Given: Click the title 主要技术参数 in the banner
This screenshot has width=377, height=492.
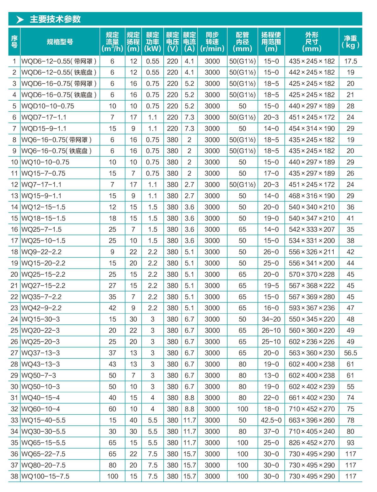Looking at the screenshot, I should point(55,19).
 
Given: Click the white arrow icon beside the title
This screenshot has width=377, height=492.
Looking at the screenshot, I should point(20,19).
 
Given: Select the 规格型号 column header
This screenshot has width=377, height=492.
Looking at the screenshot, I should point(60,42).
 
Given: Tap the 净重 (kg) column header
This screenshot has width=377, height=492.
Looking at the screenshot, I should point(350,42).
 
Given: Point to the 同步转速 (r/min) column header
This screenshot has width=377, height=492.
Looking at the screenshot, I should point(212,42).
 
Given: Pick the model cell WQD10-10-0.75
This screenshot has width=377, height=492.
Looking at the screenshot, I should point(48,106).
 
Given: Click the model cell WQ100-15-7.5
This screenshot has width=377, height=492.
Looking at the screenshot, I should point(45,476).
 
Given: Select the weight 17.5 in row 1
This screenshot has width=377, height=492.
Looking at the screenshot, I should point(350,61).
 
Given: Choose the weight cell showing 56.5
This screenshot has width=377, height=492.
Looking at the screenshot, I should point(350,353).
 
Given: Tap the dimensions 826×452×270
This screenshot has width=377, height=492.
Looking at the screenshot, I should point(312,443).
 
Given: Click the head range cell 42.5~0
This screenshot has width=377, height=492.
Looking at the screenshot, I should point(271,420).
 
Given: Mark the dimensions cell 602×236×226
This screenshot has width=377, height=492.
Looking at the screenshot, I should point(312,342).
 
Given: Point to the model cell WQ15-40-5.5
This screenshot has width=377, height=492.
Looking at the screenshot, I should point(43,420).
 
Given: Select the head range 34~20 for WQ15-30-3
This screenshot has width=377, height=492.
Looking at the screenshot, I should point(271,319).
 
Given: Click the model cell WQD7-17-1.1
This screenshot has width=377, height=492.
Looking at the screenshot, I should point(44,117).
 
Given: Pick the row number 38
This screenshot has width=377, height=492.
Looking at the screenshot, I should point(14,476).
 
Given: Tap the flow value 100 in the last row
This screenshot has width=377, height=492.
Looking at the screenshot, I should point(112,476).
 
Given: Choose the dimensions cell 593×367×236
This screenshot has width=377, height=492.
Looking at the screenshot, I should point(312,308).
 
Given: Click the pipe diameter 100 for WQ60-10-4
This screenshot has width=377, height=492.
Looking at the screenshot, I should point(242,409).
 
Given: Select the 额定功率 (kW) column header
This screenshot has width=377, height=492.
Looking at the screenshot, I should point(152,42).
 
